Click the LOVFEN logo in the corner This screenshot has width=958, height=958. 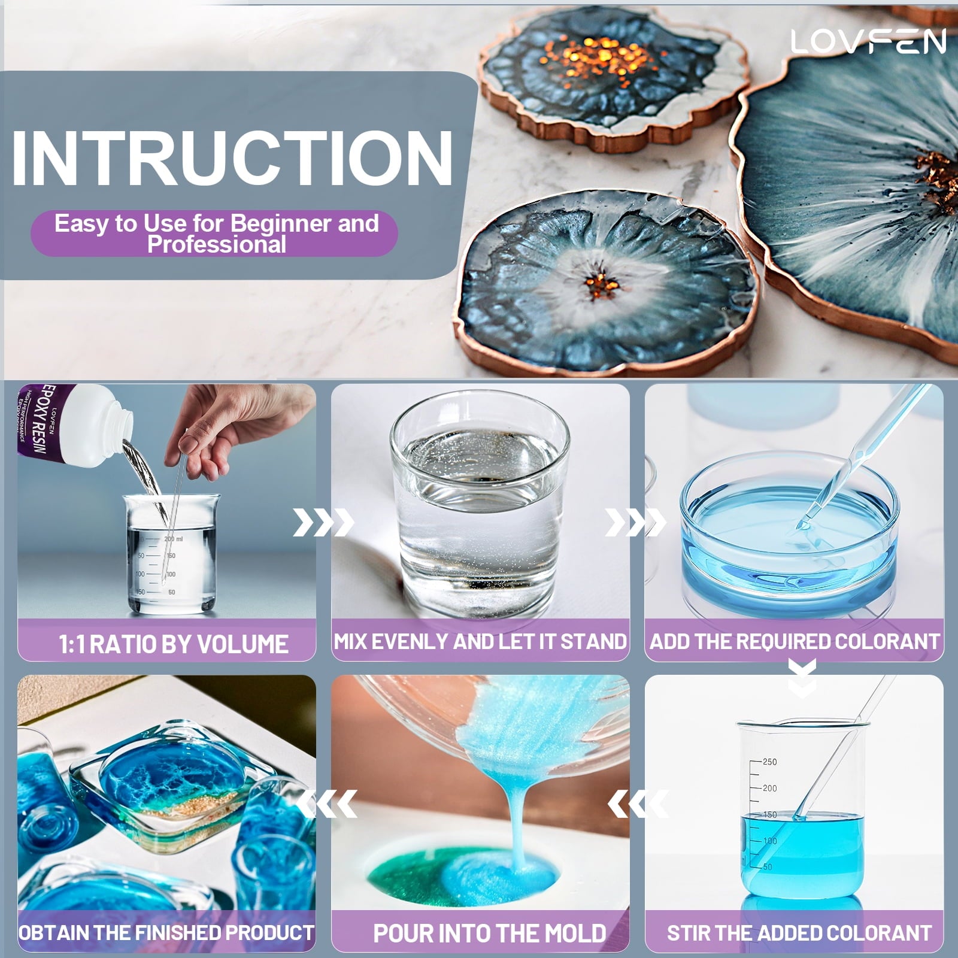(868, 41)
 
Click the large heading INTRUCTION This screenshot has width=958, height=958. (232, 157)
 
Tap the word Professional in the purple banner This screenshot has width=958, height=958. (217, 244)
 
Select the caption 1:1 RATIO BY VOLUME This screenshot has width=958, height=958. (173, 644)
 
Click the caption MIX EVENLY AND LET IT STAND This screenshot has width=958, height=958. (480, 641)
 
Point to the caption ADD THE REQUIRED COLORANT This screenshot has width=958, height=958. (795, 641)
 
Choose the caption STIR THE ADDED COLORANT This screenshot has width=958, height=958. (799, 932)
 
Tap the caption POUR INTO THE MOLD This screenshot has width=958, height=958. (489, 933)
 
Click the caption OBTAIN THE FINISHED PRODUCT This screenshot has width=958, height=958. (166, 932)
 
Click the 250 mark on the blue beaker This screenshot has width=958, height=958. (769, 762)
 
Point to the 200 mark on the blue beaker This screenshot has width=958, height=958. (769, 788)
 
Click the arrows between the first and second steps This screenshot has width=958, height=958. (323, 522)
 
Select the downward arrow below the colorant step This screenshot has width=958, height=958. (802, 677)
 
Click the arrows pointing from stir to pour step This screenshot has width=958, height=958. (638, 804)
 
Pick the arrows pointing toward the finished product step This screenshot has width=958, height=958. (327, 804)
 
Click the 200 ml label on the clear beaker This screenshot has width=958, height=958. (173, 539)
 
